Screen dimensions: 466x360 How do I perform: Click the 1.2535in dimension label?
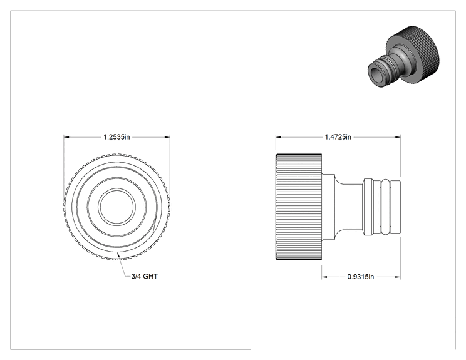tap(116, 137)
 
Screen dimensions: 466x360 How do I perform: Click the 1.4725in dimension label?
tap(338, 137)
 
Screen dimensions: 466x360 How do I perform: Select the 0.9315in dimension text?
tap(361, 277)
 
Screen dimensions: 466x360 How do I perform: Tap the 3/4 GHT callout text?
tap(145, 276)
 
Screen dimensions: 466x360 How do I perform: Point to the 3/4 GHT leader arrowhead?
tap(118, 254)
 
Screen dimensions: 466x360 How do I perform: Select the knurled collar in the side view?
tap(299, 207)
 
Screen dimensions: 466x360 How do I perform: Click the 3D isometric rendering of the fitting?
tap(403, 57)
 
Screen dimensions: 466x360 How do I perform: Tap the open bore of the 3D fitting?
tap(376, 73)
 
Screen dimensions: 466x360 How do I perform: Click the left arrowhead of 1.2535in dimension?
tap(66, 137)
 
